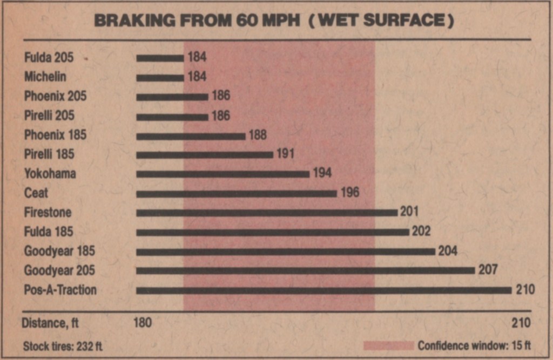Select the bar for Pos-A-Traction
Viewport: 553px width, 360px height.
coord(323,290)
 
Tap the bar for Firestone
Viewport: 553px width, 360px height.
coord(267,213)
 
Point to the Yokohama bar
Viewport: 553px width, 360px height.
coord(222,174)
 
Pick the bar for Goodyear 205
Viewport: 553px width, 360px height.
coord(305,270)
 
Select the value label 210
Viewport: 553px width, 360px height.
coord(525,290)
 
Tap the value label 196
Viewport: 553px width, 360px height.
coord(350,193)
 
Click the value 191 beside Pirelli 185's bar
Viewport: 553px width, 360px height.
coord(285,154)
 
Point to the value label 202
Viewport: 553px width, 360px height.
coord(421,232)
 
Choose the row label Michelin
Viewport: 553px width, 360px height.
coord(45,77)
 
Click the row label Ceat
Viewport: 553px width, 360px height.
coord(36,193)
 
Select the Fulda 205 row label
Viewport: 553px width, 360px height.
coord(49,57)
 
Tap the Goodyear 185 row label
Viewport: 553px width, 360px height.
coord(59,251)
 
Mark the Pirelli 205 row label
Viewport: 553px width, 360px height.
coord(49,116)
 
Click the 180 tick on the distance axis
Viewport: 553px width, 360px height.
coord(142,323)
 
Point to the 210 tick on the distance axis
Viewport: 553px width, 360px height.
coord(521,323)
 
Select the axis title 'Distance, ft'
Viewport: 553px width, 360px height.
coord(50,323)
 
